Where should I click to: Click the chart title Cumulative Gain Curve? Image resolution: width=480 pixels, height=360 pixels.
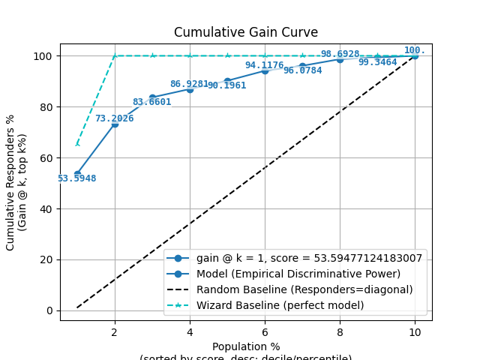pyautogui.click(x=246, y=32)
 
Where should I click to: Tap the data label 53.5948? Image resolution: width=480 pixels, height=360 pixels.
pyautogui.click(x=76, y=178)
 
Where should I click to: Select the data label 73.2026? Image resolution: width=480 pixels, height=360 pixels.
pyautogui.click(x=114, y=118)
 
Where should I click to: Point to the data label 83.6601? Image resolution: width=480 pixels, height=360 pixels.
pyautogui.click(x=151, y=102)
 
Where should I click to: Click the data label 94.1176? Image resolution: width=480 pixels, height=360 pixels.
pyautogui.click(x=264, y=65)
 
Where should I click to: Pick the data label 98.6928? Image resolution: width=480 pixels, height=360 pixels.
pyautogui.click(x=340, y=55)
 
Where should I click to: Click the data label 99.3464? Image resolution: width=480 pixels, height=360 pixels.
pyautogui.click(x=377, y=62)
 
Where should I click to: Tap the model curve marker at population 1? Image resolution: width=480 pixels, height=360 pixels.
pyautogui.click(x=77, y=174)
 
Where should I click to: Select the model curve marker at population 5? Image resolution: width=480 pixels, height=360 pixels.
pyautogui.click(x=227, y=81)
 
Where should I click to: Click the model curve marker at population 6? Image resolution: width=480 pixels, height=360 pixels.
pyautogui.click(x=265, y=70)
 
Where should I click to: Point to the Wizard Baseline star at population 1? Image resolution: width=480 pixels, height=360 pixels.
pyautogui.click(x=77, y=144)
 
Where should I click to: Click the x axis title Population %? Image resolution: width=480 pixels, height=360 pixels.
pyautogui.click(x=246, y=346)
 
